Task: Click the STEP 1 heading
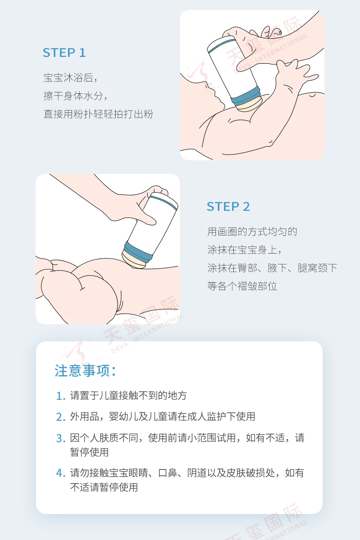click(64, 53)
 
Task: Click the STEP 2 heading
click(228, 207)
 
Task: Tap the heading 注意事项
click(85, 371)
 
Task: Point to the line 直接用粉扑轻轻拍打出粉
click(98, 114)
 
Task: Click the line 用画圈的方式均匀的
click(252, 231)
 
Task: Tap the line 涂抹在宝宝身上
click(245, 250)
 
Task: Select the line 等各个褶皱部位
click(242, 286)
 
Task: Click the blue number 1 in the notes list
click(60, 396)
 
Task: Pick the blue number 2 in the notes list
click(60, 417)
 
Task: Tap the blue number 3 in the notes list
click(60, 438)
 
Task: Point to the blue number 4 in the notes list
click(60, 473)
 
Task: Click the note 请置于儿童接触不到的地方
click(128, 395)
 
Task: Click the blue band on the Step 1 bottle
click(246, 96)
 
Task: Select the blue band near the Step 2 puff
click(138, 252)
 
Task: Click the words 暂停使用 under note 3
click(89, 452)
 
